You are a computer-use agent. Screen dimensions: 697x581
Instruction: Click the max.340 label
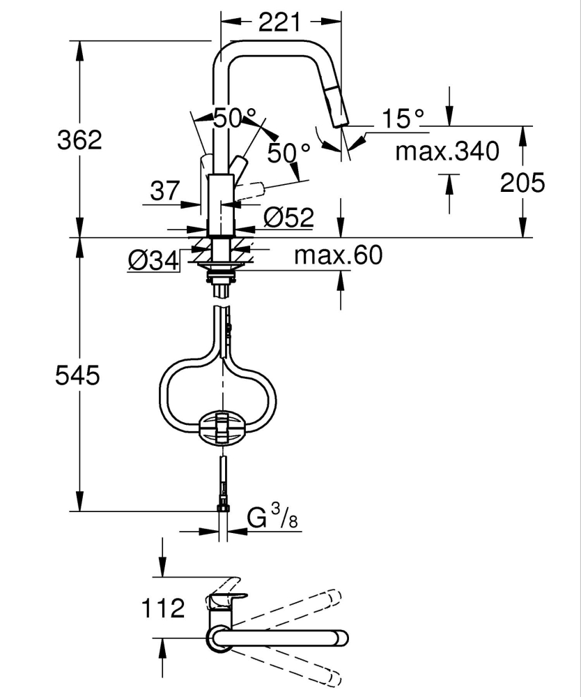[x=447, y=151]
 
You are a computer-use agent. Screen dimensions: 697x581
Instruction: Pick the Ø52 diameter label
[x=288, y=218]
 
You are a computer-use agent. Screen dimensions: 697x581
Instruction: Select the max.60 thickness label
[x=338, y=255]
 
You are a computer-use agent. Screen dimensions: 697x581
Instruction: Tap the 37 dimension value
[x=165, y=190]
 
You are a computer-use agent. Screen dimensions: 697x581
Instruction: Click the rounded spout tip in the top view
[x=341, y=637]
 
